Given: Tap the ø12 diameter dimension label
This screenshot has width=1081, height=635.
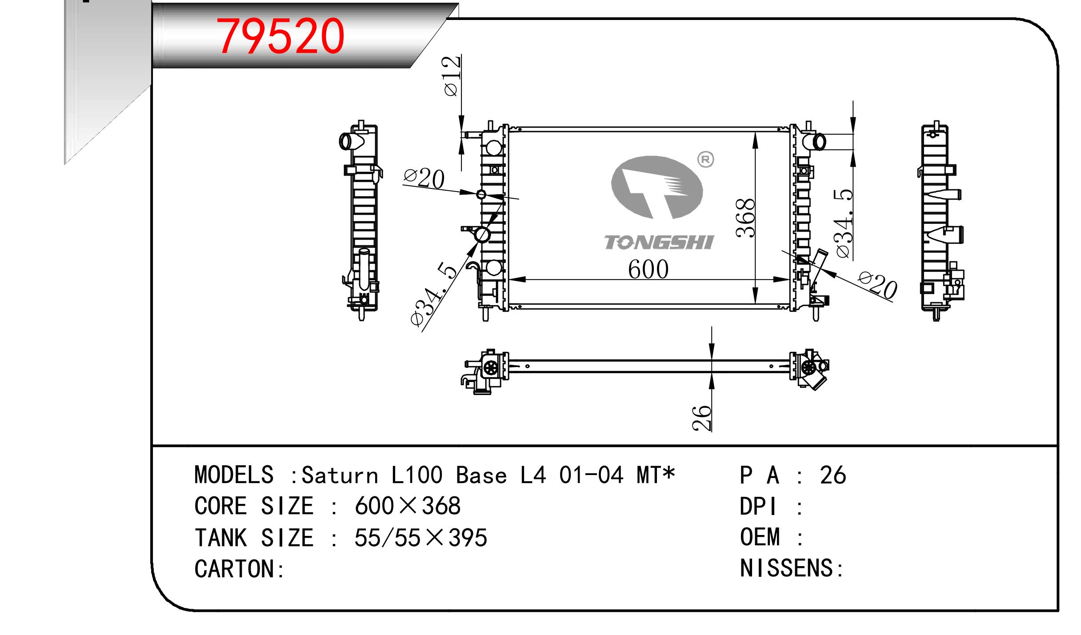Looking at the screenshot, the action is pos(451,76).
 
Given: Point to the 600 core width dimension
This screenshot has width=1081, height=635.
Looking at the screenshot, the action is pos(648,269).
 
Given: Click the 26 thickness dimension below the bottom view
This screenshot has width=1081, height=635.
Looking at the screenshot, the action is pos(702,418).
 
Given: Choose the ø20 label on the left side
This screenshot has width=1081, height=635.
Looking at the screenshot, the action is pos(424,179).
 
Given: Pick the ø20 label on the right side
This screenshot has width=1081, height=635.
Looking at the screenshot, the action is pos(877,285).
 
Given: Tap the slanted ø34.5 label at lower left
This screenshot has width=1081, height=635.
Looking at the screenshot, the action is pos(434,296).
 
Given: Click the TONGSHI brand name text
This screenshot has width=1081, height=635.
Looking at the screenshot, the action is pos(658,243).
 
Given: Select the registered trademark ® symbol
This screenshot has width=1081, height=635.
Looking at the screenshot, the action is pos(705,160).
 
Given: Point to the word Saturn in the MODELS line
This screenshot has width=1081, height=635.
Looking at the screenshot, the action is pos(340,475).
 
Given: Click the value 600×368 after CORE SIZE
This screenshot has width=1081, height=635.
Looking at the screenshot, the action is pos(408,506).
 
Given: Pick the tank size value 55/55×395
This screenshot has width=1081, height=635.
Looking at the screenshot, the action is pos(420,538).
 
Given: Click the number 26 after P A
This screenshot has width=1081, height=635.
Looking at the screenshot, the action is pos(833,475).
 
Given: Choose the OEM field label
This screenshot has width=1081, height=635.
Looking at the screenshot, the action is pos(760,537).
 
